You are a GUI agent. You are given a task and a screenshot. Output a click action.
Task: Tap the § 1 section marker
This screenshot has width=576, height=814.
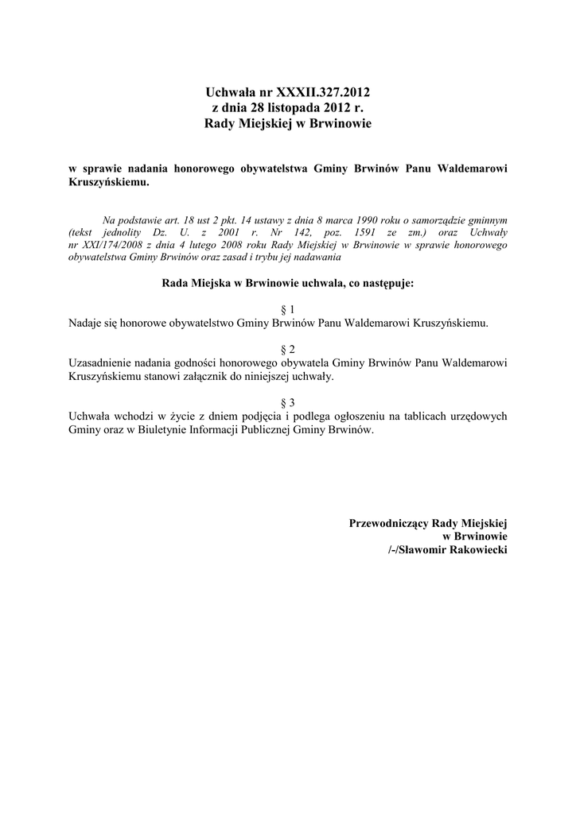[x=288, y=309]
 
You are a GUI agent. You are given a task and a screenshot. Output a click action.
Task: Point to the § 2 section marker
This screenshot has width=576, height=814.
[x=288, y=350]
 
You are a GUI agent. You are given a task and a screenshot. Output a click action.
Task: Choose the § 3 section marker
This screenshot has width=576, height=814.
[x=288, y=403]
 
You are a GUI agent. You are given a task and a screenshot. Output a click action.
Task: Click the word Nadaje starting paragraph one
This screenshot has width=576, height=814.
[x=86, y=323]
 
